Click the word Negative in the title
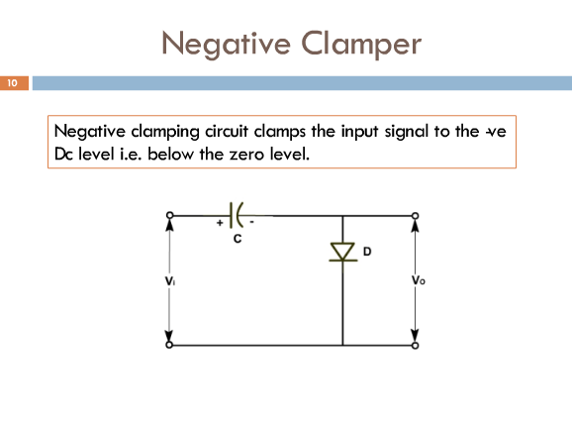click(x=227, y=44)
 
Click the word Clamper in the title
click(x=361, y=44)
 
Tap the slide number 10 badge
click(x=14, y=83)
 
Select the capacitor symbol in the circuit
click(x=237, y=215)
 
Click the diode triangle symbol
click(x=342, y=252)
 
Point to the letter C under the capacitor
click(x=238, y=239)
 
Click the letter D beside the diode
click(x=367, y=252)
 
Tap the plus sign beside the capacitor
click(x=220, y=222)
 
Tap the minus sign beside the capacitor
click(x=251, y=222)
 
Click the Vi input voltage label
click(x=169, y=280)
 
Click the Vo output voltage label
click(x=418, y=280)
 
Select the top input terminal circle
click(x=169, y=215)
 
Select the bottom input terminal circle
click(x=169, y=345)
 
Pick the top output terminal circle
click(x=415, y=216)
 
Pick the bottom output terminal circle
click(x=415, y=345)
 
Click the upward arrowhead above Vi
click(x=169, y=225)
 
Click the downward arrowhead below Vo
click(x=415, y=335)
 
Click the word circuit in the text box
click(x=227, y=131)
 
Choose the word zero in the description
click(x=247, y=155)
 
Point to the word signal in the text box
click(x=407, y=132)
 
